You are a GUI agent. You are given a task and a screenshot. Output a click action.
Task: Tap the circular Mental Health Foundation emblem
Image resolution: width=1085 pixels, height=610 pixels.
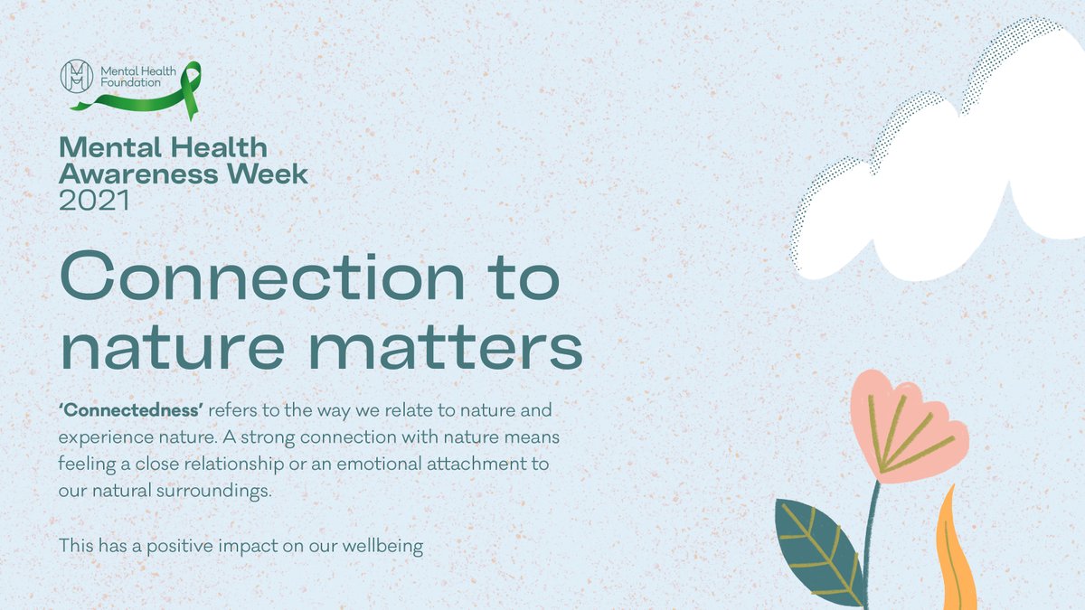[76, 76]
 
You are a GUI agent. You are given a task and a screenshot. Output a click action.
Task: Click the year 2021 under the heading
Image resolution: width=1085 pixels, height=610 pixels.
[93, 201]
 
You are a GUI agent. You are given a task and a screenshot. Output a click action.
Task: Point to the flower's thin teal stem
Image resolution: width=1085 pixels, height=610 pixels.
[871, 542]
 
